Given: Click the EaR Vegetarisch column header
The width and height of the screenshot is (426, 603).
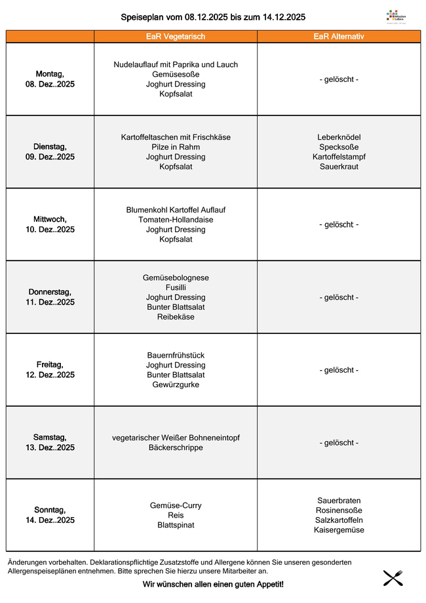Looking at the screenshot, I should tap(176, 37).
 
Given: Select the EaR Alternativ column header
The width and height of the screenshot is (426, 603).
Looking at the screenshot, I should tap(339, 37).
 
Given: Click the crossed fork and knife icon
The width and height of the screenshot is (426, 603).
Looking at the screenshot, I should tap(393, 578).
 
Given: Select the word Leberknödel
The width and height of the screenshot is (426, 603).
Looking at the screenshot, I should tap(339, 137).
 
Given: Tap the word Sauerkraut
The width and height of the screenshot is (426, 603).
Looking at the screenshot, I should tap(339, 167).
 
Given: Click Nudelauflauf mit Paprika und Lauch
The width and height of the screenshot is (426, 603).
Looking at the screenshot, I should tap(176, 65).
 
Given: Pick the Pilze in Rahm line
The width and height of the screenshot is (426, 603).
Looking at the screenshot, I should tap(176, 147).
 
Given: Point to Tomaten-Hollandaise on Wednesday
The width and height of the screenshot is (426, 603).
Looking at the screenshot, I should tap(176, 220).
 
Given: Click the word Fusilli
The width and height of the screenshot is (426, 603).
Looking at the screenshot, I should tap(176, 287).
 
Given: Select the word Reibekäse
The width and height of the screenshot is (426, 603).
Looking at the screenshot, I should tap(176, 317).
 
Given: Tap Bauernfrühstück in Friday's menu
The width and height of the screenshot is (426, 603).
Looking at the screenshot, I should tap(176, 355).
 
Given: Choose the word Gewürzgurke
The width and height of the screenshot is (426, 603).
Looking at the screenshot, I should tap(176, 385).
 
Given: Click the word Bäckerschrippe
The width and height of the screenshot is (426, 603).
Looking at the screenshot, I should tap(176, 447).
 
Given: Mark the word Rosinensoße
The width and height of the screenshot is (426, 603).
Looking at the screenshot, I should tap(339, 510).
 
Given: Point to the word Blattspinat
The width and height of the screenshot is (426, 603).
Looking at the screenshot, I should tap(176, 525).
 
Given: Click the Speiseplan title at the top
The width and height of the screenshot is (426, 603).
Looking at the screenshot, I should tap(213, 17).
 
